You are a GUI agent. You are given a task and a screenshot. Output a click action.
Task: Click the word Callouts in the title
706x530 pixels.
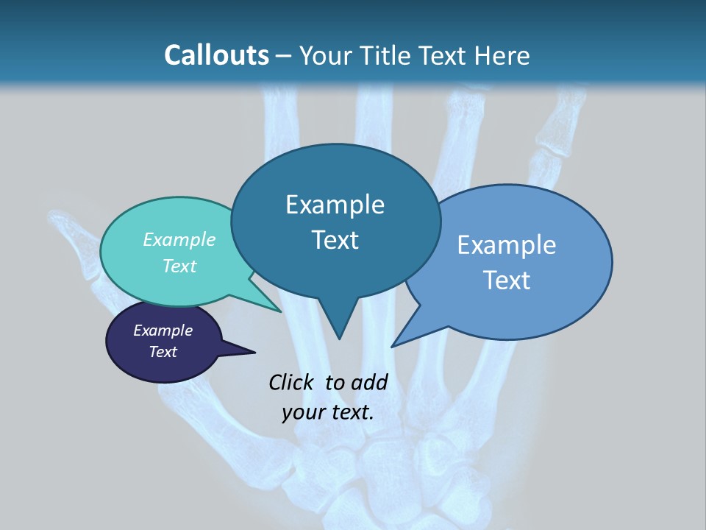[216, 55]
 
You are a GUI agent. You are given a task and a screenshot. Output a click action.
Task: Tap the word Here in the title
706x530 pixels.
[502, 55]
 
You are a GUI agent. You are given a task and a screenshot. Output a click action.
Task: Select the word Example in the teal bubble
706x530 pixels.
[179, 239]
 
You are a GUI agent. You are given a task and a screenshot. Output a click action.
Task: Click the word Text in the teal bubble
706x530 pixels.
[179, 266]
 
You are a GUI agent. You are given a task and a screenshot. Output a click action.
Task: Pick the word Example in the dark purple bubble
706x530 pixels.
[163, 331]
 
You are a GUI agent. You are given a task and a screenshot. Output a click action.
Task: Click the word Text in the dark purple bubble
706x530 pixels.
[163, 352]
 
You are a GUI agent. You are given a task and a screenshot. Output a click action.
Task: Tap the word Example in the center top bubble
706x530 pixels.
[335, 205]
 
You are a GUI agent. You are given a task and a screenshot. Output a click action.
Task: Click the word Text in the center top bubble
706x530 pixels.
[335, 240]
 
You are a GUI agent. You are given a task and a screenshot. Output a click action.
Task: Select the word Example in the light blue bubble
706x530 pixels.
[507, 245]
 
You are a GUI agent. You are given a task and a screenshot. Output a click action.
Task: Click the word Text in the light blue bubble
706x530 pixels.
[507, 280]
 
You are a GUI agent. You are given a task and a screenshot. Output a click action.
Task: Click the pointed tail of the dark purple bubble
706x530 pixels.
[254, 353]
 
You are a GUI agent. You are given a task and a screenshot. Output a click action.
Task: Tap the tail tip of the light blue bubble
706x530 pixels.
[393, 346]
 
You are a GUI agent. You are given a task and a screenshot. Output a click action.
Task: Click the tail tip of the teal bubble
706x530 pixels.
[280, 311]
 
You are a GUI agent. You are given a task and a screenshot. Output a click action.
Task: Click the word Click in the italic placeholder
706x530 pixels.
[293, 382]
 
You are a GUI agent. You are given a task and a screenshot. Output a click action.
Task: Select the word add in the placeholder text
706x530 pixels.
[369, 382]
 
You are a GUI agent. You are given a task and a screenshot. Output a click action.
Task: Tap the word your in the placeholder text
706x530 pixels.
[303, 412]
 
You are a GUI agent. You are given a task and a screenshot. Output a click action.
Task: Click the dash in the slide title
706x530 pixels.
[285, 56]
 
